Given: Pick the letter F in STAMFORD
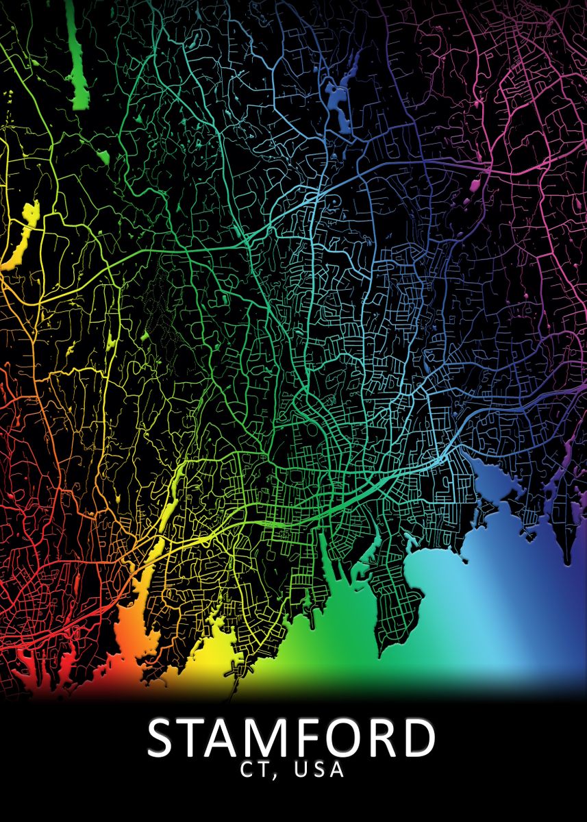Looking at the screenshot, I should coord(318,738).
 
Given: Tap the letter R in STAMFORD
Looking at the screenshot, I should coord(391,738).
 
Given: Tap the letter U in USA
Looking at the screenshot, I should coord(301,769).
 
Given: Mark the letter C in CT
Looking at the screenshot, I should coord(248,769).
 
